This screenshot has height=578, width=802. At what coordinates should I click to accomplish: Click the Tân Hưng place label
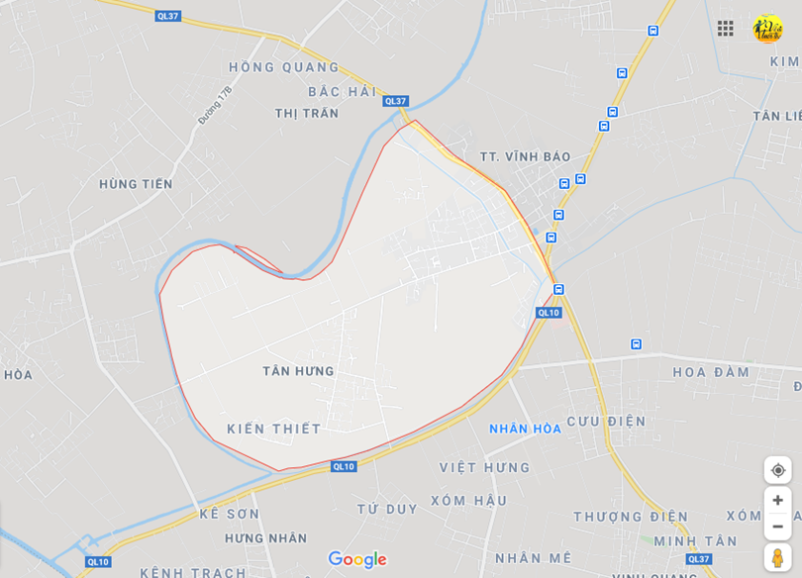point(298,371)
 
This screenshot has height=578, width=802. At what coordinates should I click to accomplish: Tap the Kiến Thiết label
point(274,429)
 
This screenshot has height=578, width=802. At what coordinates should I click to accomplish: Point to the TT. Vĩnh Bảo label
point(525,156)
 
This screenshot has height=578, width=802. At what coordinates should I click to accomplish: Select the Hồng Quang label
point(284,67)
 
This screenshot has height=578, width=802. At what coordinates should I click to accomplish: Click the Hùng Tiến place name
point(136,184)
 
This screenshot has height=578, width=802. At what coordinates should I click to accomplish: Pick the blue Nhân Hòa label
point(525,429)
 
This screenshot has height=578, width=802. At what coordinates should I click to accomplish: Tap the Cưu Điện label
point(606,422)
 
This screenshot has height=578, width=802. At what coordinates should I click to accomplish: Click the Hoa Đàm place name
point(712,372)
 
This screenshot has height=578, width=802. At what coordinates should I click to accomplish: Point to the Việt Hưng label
point(485,467)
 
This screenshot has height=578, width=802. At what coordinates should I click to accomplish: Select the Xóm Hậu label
point(468,501)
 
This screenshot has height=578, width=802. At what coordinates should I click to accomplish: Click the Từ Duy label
point(387,509)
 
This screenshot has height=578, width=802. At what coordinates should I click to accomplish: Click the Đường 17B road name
point(215,104)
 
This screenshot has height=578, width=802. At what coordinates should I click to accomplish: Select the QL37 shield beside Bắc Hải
point(395,101)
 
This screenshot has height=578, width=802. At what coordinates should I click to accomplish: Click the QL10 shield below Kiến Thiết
point(344,466)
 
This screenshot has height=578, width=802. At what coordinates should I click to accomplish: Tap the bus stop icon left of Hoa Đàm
point(636,344)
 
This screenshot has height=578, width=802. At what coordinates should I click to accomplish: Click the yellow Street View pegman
point(777,557)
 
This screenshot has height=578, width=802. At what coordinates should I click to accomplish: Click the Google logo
point(357,560)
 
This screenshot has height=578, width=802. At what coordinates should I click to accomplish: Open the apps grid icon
point(726,28)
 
